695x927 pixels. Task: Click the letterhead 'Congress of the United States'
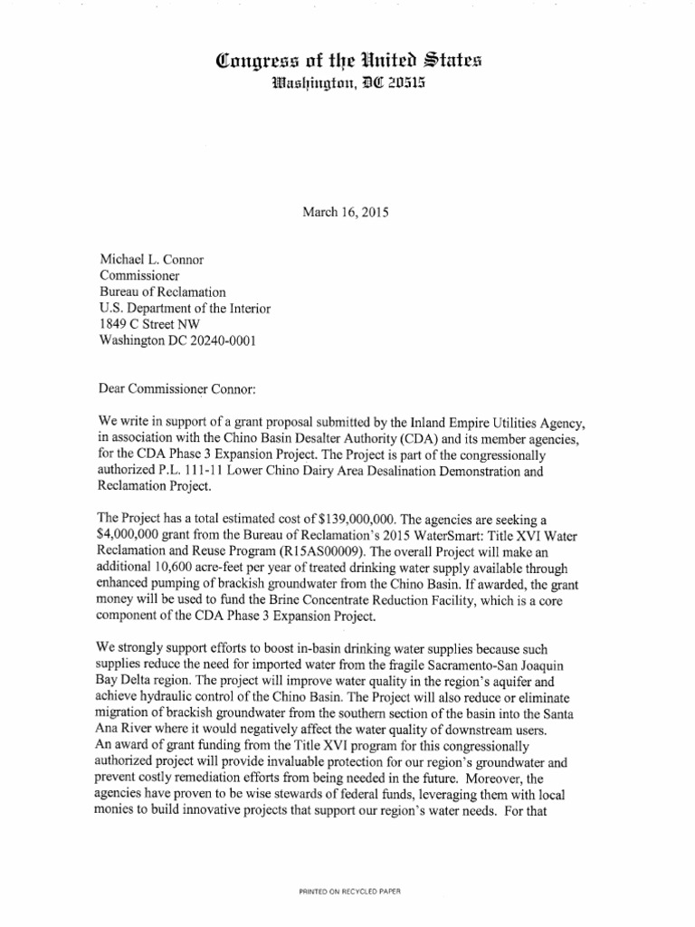348,62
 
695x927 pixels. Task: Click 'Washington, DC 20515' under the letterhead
347,86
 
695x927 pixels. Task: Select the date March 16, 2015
347,214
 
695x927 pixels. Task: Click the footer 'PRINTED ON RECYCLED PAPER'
347,891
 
